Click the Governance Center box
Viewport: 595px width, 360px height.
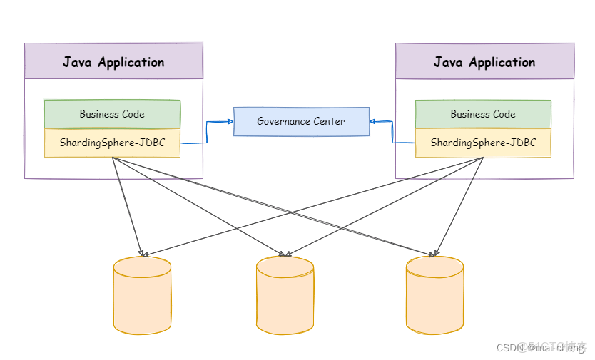(301, 121)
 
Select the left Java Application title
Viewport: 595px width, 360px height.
(113, 62)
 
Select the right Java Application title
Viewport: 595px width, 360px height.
(484, 62)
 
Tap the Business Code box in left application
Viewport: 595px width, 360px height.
(112, 114)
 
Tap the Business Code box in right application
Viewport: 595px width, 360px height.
(483, 114)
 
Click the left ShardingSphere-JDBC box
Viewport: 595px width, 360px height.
(112, 143)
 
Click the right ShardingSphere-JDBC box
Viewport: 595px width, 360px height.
(483, 143)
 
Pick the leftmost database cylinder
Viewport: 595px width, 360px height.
(142, 296)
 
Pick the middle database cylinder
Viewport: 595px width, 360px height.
(285, 296)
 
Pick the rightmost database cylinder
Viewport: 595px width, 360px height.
(434, 296)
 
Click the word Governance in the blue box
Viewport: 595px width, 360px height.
(285, 121)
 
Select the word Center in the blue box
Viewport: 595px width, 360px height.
(330, 121)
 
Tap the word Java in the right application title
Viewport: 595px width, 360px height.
(447, 62)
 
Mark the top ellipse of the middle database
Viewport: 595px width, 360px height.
(285, 267)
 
